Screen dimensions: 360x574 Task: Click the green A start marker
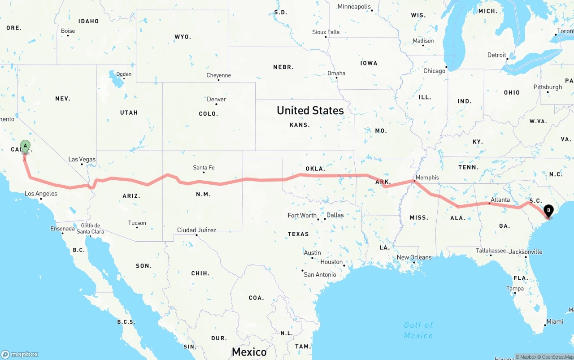(26, 146)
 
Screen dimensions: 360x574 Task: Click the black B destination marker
(548, 210)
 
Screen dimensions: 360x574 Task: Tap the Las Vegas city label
(82, 159)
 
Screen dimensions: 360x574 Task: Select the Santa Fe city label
(204, 168)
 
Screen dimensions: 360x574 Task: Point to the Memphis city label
(427, 178)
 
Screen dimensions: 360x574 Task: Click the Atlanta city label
(500, 200)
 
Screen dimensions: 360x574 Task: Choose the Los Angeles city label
(41, 194)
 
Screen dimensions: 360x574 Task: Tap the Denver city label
(217, 99)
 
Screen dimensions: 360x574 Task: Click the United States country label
(310, 110)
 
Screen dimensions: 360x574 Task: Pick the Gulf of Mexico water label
(418, 330)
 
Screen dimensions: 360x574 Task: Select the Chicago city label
(434, 71)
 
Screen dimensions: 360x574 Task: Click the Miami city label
(555, 321)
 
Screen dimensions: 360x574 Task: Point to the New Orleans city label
(414, 257)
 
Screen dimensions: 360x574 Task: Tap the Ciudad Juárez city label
(196, 230)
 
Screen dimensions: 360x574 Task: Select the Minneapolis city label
(354, 7)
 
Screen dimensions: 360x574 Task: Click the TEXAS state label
(298, 234)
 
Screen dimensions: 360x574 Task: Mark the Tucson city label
(137, 223)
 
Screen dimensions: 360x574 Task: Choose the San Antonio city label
(320, 274)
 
